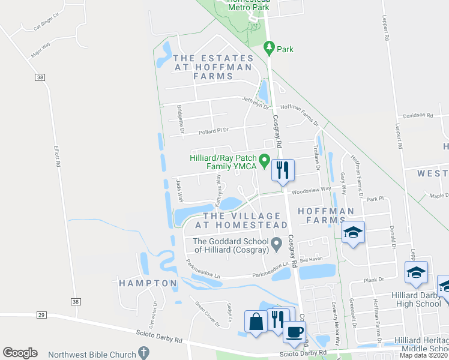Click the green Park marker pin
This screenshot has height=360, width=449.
point(270,47)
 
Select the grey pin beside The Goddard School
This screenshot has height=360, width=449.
point(277,244)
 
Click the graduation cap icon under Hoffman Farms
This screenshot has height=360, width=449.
point(354,232)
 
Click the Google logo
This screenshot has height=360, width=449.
point(20,353)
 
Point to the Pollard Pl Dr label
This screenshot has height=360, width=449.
point(215,130)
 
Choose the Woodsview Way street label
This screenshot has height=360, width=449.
point(312,190)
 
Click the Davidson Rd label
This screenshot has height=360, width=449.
point(418,115)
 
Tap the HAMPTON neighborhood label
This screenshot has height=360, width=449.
point(148,283)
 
